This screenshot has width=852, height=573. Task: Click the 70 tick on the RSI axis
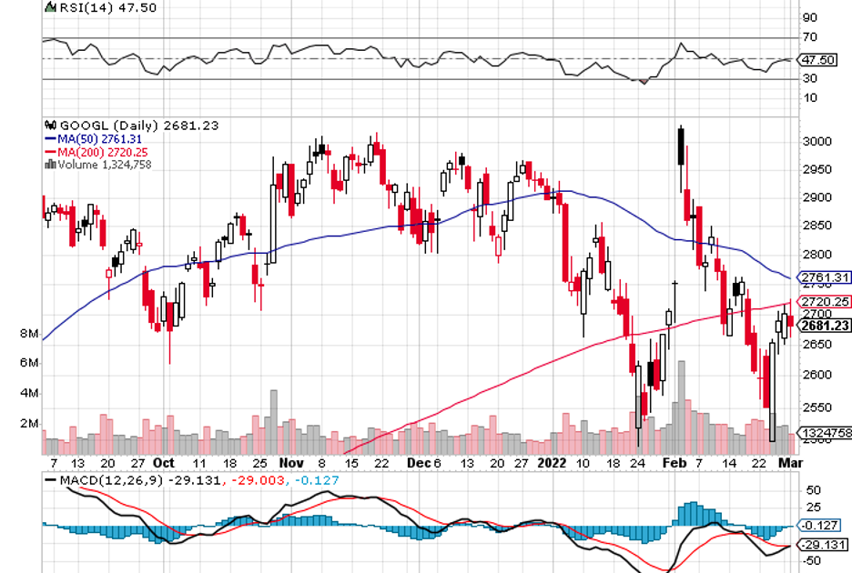coord(807,38)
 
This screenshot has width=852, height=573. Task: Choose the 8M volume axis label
coord(28,335)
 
